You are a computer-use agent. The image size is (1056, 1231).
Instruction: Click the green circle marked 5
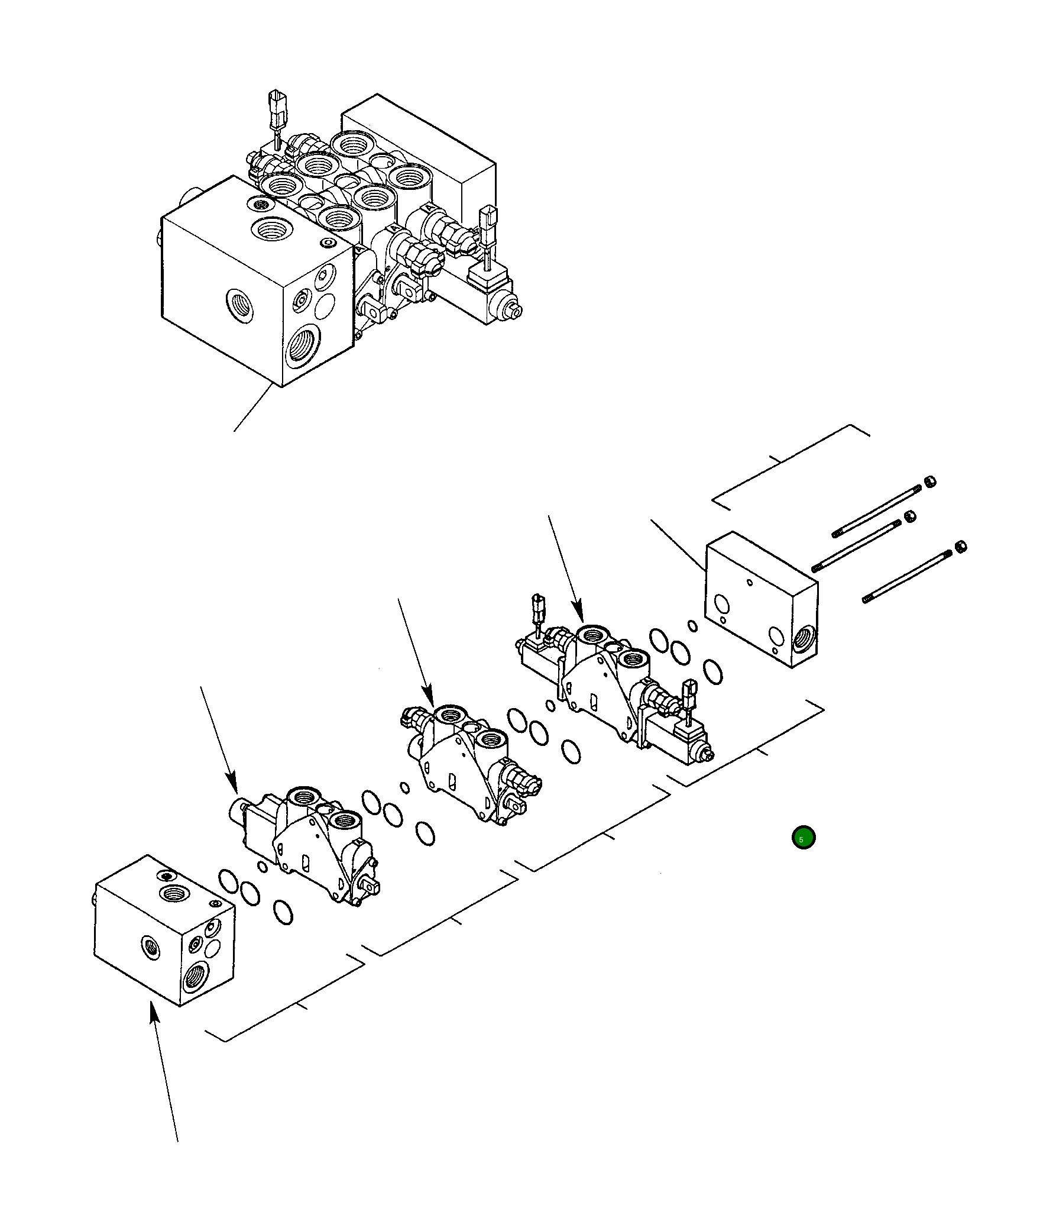point(803,838)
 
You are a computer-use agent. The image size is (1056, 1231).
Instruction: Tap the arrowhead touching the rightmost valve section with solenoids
point(579,614)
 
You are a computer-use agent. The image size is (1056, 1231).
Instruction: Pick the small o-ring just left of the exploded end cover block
point(692,626)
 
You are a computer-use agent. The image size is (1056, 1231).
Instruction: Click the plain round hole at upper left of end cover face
point(721,603)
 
